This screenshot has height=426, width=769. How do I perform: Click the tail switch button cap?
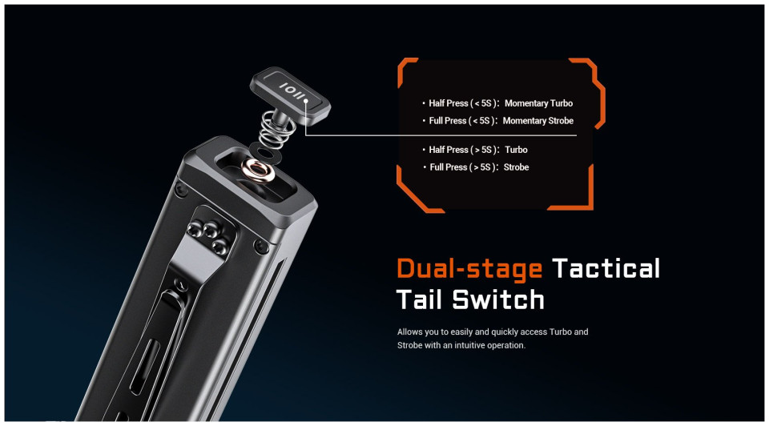pyautogui.click(x=290, y=94)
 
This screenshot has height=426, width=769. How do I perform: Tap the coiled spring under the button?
pyautogui.click(x=277, y=128)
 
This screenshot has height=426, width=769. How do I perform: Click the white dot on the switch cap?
pyautogui.click(x=305, y=102)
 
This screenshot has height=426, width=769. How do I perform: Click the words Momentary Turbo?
pyautogui.click(x=538, y=103)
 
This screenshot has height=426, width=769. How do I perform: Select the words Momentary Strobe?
pyautogui.click(x=538, y=121)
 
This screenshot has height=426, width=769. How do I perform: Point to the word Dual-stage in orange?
pyautogui.click(x=469, y=268)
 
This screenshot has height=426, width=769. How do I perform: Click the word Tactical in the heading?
pyautogui.click(x=606, y=268)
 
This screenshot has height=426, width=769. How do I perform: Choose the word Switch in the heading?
pyautogui.click(x=497, y=299)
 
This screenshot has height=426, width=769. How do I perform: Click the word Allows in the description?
pyautogui.click(x=409, y=332)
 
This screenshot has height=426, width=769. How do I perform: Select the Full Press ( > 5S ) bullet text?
pyautogui.click(x=461, y=167)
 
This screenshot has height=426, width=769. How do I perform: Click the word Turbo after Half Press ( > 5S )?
pyautogui.click(x=517, y=150)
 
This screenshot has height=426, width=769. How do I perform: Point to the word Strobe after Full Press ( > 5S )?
pyautogui.click(x=517, y=167)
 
